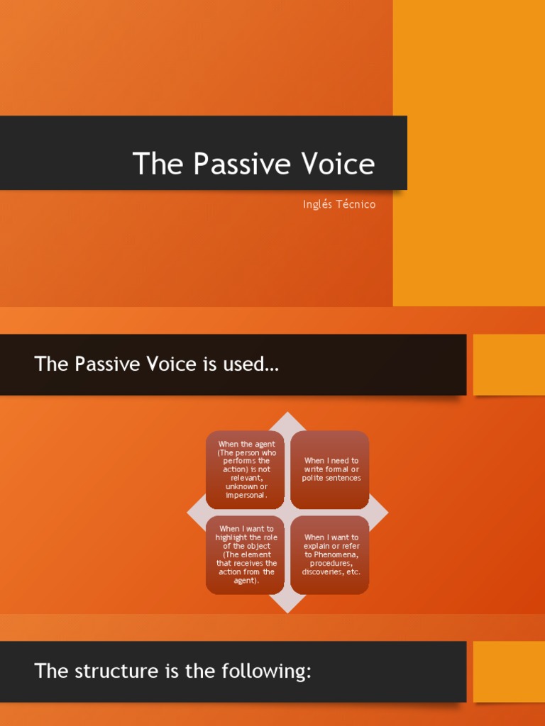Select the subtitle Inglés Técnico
click(338, 204)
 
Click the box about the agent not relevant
click(246, 469)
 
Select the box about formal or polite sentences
click(331, 469)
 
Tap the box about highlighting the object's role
click(246, 554)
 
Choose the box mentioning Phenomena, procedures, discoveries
click(331, 554)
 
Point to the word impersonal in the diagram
click(246, 495)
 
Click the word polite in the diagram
click(314, 478)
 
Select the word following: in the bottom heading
click(275, 671)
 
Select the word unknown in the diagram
click(241, 486)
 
